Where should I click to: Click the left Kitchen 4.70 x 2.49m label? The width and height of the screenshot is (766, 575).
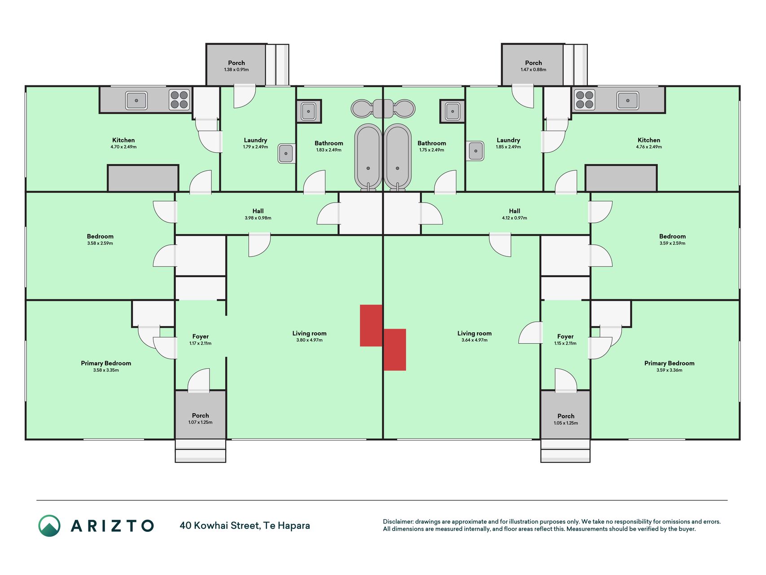tap(123, 143)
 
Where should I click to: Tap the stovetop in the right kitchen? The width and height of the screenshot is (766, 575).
tap(585, 100)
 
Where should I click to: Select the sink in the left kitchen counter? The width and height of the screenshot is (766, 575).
tap(136, 100)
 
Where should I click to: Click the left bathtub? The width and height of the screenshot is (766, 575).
tap(368, 157)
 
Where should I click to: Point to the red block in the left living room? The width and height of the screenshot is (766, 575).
tap(371, 326)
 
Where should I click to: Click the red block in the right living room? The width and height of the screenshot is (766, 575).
tap(395, 349)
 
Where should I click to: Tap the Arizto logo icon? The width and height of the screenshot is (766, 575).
tap(49, 526)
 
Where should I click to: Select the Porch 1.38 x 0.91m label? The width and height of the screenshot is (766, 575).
tap(236, 66)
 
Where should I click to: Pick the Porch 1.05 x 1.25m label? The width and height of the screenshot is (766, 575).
tap(566, 420)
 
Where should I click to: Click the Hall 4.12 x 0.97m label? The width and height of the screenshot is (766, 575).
tap(515, 214)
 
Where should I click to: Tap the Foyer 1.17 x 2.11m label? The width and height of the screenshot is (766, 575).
tap(201, 340)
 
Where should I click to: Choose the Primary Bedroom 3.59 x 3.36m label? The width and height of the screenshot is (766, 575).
tap(669, 367)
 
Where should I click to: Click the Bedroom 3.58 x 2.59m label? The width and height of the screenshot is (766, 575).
tap(100, 239)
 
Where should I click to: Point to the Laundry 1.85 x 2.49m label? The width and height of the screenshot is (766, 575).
tap(508, 143)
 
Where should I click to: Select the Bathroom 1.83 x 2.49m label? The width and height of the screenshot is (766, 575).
tap(329, 146)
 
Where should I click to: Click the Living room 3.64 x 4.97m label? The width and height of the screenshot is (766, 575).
tap(474, 336)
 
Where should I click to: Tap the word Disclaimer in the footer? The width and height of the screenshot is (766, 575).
tap(398, 522)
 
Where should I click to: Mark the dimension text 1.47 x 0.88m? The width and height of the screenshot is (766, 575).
tap(534, 70)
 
